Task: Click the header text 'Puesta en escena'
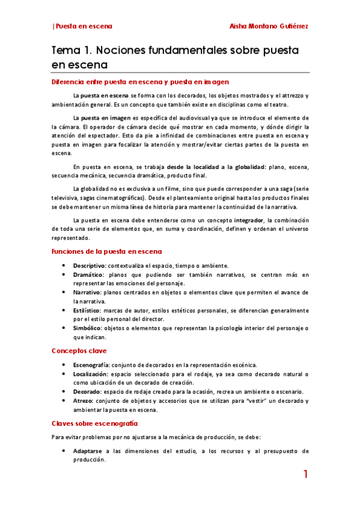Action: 84,26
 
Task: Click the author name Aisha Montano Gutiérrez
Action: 269,26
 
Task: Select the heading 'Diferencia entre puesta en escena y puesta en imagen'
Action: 140,82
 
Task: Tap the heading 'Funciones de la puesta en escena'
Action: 106,251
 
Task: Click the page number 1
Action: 305,475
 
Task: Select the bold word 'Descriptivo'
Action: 90,265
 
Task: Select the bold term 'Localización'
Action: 90,374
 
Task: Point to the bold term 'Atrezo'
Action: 84,401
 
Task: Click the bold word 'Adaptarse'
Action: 89,450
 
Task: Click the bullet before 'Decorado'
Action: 64,392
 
